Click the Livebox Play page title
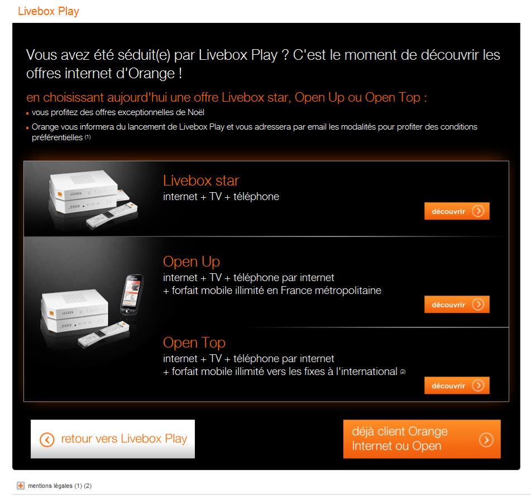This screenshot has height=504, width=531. [x=49, y=11]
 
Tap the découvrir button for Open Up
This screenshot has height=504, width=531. [x=457, y=305]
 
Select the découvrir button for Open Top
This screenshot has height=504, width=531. [x=457, y=386]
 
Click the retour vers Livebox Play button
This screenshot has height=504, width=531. [x=113, y=439]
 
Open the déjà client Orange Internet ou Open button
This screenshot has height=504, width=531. [x=422, y=439]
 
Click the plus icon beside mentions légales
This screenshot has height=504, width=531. [x=21, y=486]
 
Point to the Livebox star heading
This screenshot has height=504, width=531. [x=201, y=180]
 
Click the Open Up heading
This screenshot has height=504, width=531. [x=192, y=261]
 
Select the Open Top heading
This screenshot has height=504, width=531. [x=194, y=343]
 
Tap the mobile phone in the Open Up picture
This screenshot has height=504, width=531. [x=132, y=294]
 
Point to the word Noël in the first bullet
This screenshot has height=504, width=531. [x=196, y=112]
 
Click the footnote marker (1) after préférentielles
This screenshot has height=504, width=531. [x=88, y=137]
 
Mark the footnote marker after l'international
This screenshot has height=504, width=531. [x=403, y=372]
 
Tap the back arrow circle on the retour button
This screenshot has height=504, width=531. [x=47, y=440]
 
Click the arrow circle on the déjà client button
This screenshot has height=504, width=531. [x=486, y=440]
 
